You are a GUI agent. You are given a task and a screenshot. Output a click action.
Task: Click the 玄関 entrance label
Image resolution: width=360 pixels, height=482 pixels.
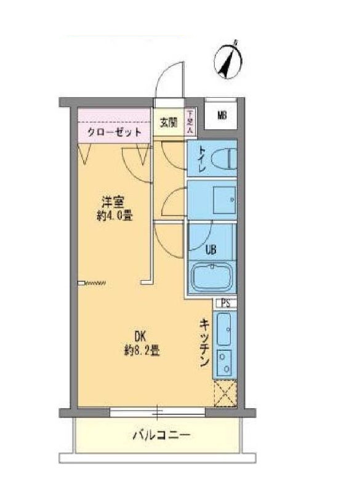(x=169, y=121)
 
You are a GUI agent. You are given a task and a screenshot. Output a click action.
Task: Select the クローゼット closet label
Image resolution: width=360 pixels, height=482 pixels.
(x=114, y=132)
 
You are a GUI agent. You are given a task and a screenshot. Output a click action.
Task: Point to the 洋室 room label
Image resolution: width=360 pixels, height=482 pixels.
(x=113, y=202)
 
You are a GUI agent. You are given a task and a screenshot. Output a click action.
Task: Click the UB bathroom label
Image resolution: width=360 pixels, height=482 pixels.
(x=210, y=250)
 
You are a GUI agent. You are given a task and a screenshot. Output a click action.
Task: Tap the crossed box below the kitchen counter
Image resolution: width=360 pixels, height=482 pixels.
(x=225, y=393)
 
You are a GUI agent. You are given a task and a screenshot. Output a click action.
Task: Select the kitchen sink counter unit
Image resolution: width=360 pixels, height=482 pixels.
(x=225, y=345)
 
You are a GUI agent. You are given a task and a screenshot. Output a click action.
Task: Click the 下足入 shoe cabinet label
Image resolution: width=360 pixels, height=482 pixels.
(x=191, y=121)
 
